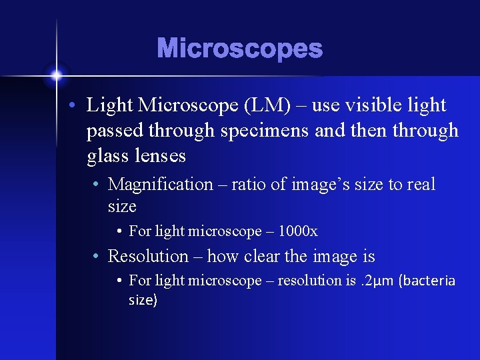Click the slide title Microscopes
click(239, 49)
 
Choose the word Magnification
click(160, 185)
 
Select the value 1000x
click(297, 231)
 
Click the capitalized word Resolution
click(148, 256)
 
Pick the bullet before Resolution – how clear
click(97, 257)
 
